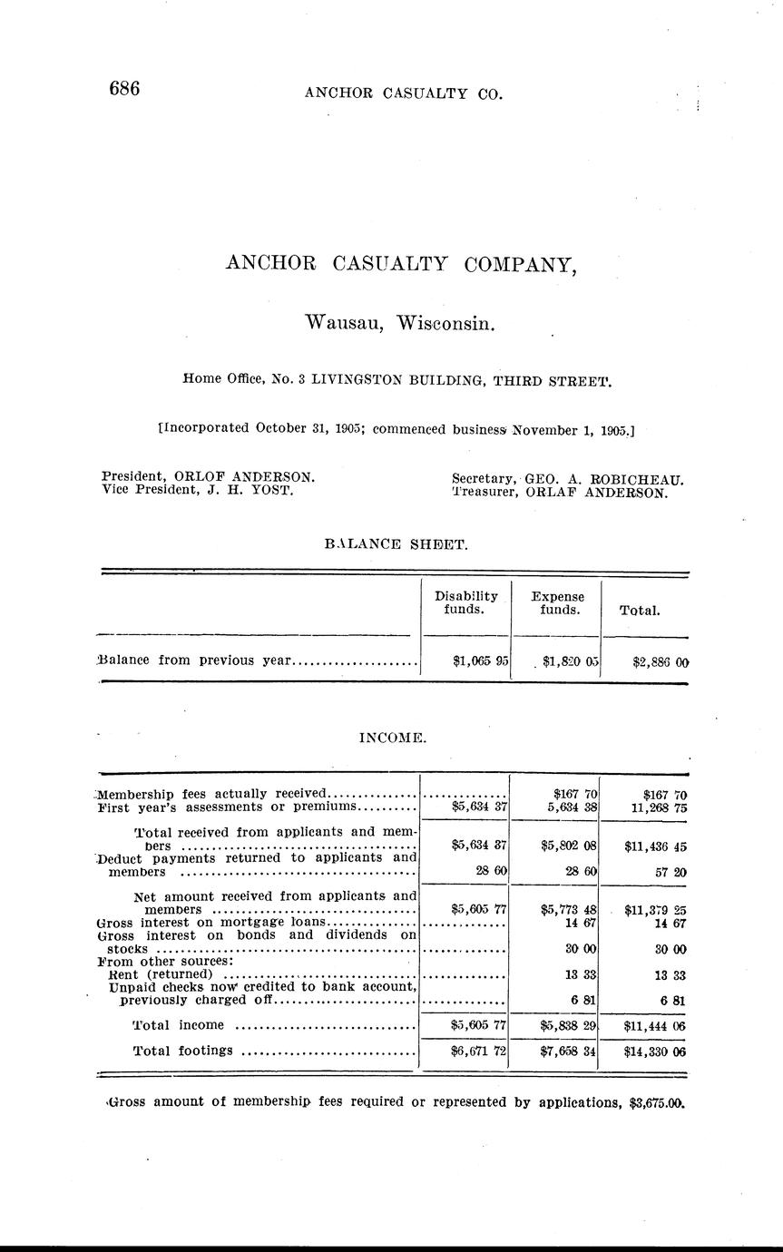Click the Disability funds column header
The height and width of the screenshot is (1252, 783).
(x=466, y=602)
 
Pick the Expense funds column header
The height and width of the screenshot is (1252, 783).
(x=557, y=603)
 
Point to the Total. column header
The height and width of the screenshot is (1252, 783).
(x=640, y=611)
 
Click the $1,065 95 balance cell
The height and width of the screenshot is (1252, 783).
(x=479, y=660)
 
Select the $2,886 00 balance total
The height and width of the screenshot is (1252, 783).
(x=660, y=661)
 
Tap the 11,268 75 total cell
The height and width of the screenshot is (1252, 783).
(x=655, y=807)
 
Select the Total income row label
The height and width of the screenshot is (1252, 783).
(x=178, y=1025)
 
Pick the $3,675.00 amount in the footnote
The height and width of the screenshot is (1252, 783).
(x=655, y=1103)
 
